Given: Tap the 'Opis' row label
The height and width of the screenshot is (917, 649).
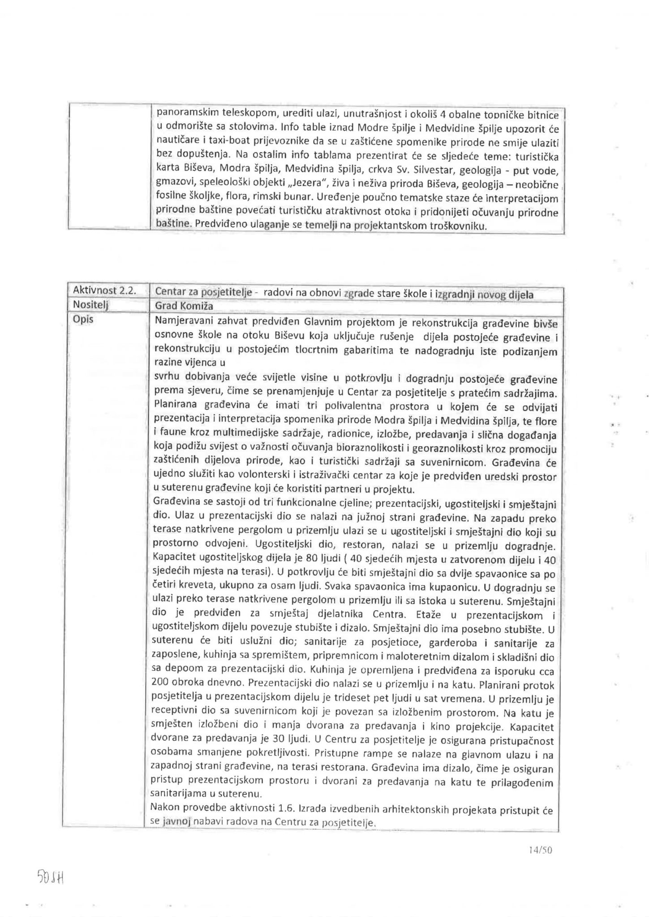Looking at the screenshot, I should pyautogui.click(x=83, y=320).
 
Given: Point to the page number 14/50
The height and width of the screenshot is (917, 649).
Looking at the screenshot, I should pyautogui.click(x=541, y=850).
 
